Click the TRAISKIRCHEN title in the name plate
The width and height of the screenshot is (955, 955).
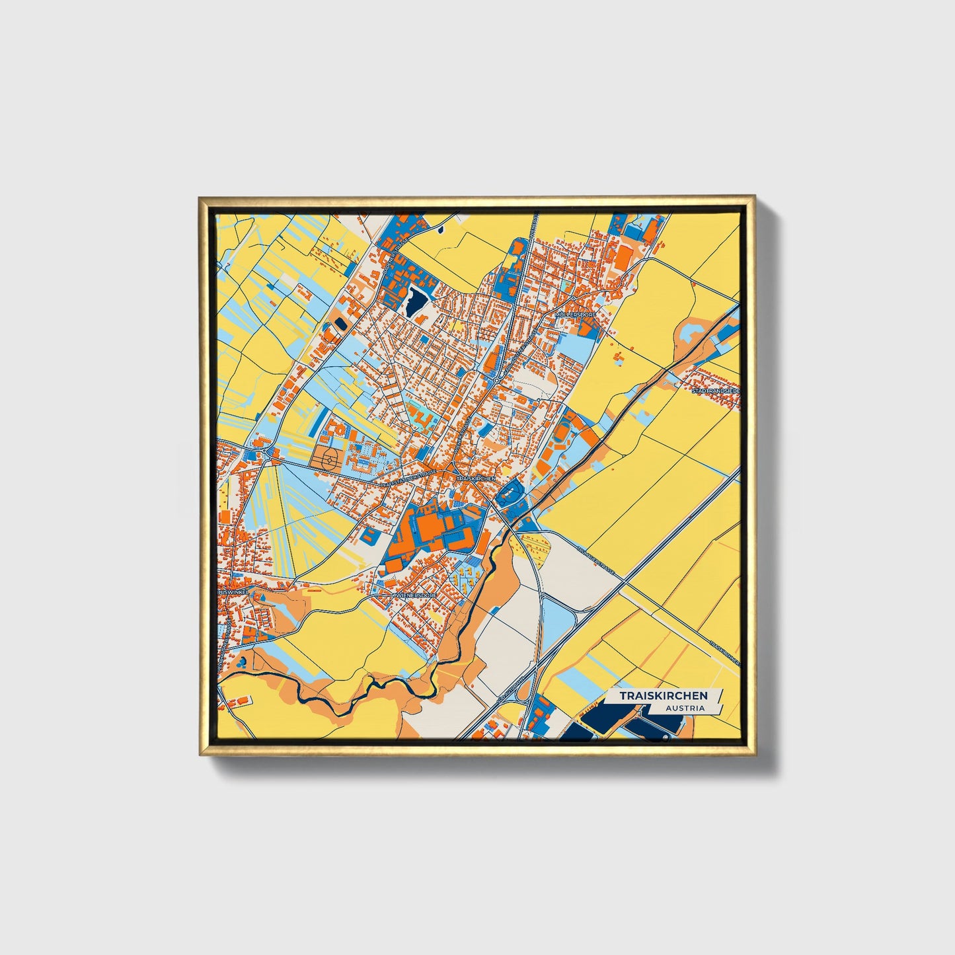click(663, 695)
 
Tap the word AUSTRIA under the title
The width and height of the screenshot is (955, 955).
click(685, 708)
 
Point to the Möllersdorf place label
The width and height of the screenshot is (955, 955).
click(576, 315)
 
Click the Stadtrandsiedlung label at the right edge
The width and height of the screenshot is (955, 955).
click(715, 391)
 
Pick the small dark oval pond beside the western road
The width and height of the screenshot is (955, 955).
click(341, 324)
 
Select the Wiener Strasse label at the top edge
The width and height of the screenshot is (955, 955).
click(537, 228)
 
